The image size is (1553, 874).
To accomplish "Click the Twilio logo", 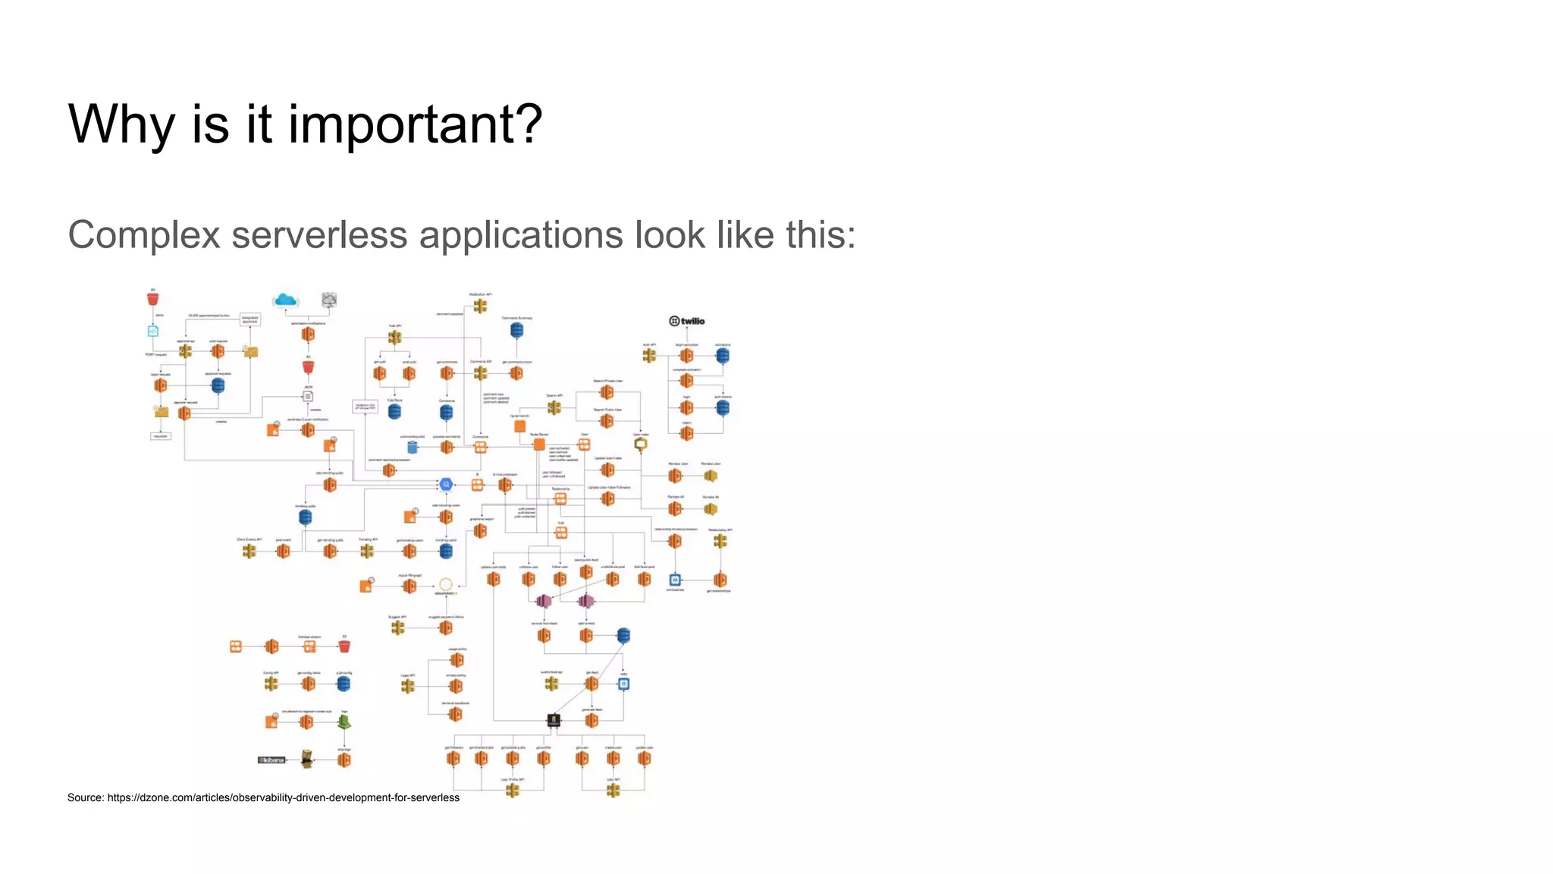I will [687, 321].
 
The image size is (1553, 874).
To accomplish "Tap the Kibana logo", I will [271, 759].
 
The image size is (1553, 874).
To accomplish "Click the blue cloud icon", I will [285, 300].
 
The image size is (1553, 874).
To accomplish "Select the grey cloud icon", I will [329, 300].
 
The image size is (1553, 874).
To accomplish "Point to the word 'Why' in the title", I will [121, 124].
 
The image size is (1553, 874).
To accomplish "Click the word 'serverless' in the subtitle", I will [319, 234].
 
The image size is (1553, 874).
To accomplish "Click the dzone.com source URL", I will [283, 797].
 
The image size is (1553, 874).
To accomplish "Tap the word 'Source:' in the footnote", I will [86, 797].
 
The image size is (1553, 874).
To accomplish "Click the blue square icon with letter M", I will [675, 580].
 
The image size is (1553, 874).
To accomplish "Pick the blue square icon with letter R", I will [623, 684].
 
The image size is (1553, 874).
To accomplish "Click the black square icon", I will [554, 720].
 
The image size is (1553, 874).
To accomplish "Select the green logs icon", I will [344, 721].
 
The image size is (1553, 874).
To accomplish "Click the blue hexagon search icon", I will [446, 484].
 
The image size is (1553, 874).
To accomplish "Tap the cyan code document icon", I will [153, 332].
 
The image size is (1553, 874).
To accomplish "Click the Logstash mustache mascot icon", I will [306, 759].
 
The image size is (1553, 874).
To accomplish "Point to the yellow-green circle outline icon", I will [446, 585].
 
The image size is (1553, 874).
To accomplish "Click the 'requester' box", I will [161, 436].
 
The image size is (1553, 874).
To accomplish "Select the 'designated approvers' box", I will [249, 319].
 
